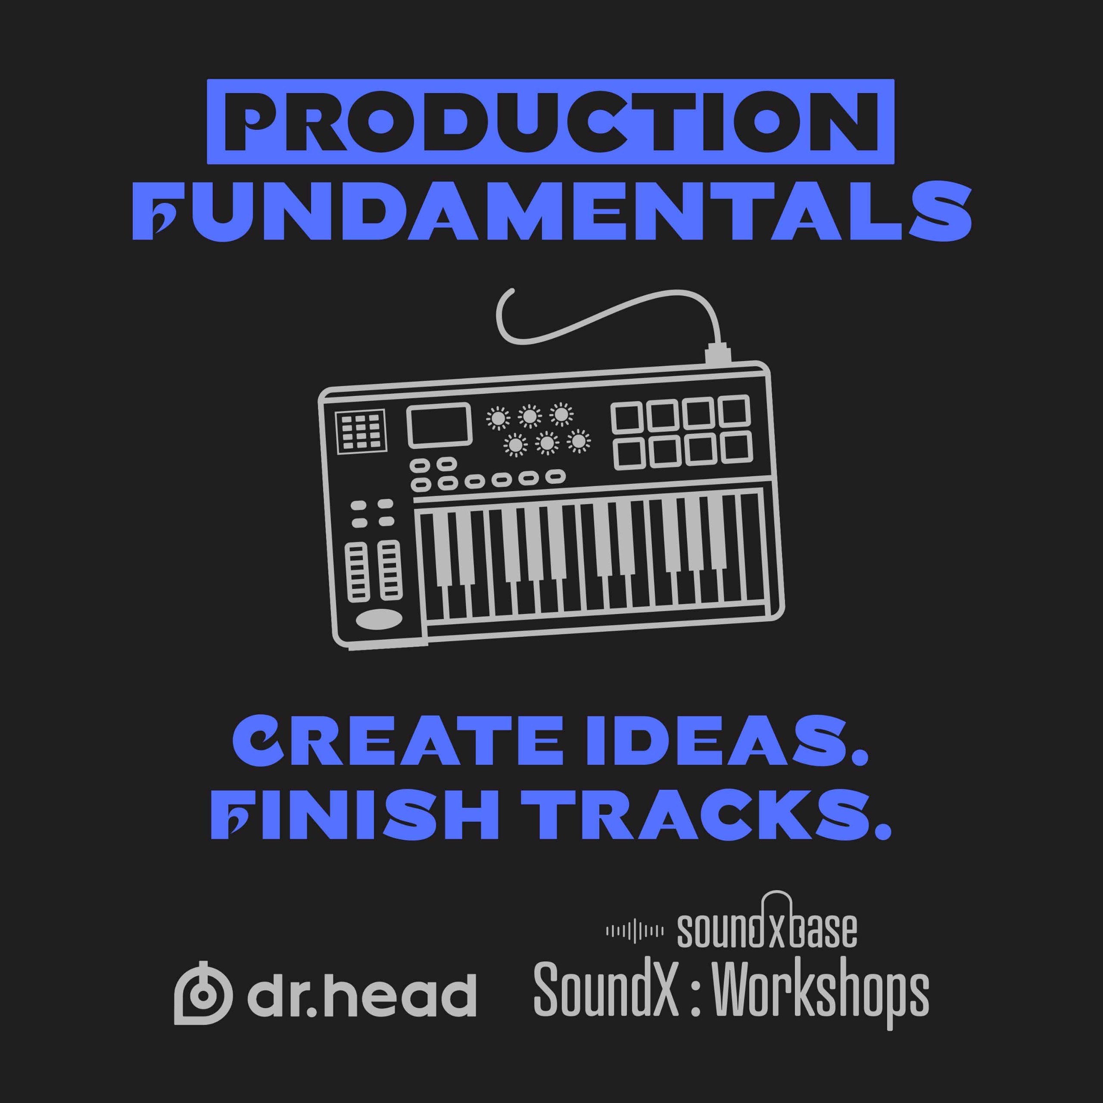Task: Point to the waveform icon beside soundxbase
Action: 634,932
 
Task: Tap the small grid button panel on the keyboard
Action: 360,432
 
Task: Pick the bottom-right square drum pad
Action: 736,448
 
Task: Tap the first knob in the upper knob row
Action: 498,418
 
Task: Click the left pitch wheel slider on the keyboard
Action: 357,572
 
